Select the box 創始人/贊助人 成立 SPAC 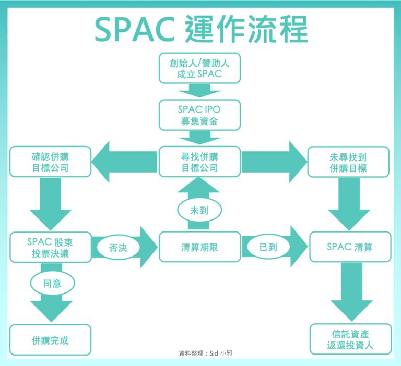199,68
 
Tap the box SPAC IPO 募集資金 199,115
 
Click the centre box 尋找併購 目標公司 199,162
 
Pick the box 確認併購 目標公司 50,162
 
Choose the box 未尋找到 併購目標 348,162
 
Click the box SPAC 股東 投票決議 50,247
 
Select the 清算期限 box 199,247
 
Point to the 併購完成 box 50,340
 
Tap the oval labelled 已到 268,247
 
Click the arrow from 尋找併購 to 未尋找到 275,162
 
